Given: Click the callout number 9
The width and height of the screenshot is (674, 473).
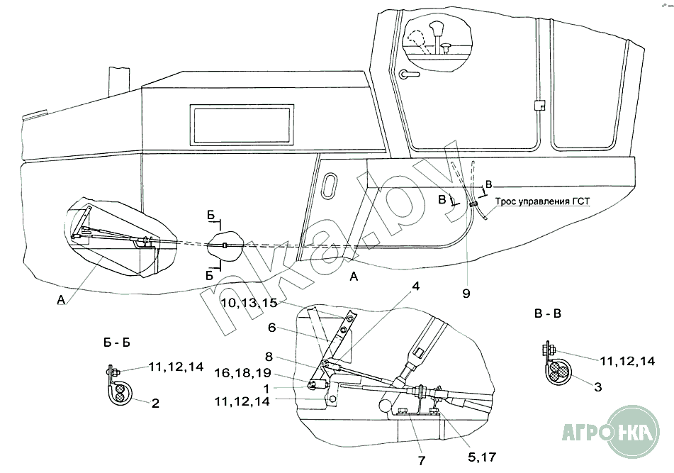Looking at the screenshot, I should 467,292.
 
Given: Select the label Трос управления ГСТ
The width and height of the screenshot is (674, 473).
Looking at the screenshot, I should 542,201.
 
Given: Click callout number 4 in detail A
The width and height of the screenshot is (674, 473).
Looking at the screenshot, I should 417,287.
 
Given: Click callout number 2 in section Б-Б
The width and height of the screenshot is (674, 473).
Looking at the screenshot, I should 155,404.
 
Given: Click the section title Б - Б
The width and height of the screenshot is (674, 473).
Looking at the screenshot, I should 116,342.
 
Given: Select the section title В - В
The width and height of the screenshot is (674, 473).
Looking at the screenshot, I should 547,313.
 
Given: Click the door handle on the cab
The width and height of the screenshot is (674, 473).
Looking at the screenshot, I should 408,74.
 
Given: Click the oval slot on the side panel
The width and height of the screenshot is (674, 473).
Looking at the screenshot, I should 330,189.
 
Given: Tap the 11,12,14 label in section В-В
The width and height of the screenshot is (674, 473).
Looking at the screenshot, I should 627,361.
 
